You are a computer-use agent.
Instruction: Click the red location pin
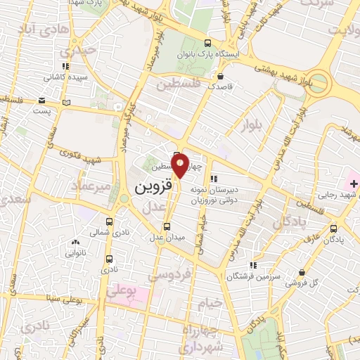[x=181, y=164]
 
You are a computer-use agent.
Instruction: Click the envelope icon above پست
[x=43, y=101]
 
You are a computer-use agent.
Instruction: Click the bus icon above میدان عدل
[x=167, y=226]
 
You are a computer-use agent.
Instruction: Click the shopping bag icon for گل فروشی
[x=302, y=273]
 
